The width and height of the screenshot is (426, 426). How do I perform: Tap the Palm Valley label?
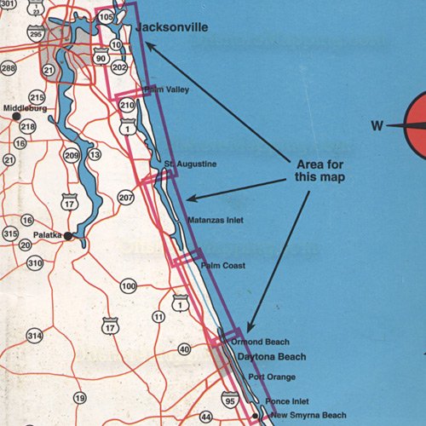[x=166, y=89]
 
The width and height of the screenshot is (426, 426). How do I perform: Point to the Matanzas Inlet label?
[x=214, y=220]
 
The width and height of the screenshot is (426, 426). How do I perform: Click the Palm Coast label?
[x=223, y=266]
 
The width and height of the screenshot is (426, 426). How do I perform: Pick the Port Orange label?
[x=272, y=376]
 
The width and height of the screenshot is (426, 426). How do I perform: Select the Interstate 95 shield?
[x=229, y=398]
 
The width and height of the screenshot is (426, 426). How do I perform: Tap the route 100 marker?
[x=129, y=285]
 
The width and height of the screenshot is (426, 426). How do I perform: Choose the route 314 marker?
[x=34, y=337]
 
